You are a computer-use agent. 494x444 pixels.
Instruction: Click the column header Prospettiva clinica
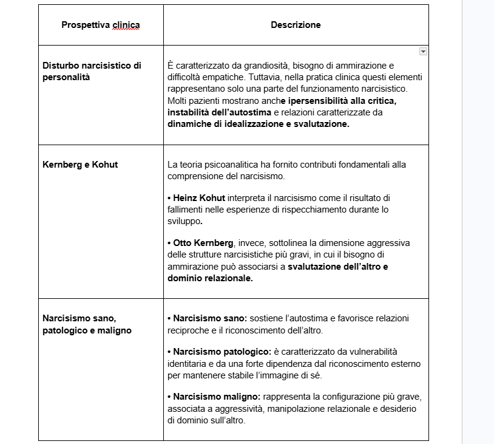[101, 25]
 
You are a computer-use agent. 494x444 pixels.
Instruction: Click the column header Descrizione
[296, 25]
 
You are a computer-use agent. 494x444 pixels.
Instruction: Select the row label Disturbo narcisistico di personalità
[92, 71]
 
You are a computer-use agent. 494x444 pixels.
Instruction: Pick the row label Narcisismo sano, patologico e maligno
[87, 324]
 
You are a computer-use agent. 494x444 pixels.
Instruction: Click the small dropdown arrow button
[423, 52]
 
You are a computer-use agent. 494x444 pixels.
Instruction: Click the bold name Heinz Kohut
[199, 197]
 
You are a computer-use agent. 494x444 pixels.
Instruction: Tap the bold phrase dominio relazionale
[210, 278]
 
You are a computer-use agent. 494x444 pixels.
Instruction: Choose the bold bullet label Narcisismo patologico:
[222, 352]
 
